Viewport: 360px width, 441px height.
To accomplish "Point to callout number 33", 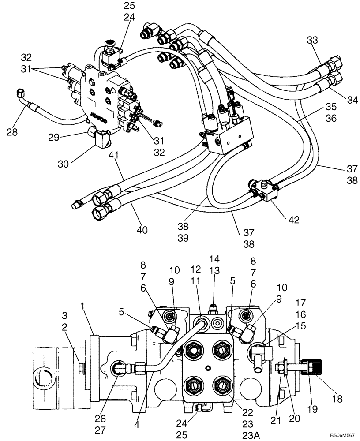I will [x=312, y=40].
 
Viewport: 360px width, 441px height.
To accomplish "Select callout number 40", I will [x=142, y=230].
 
